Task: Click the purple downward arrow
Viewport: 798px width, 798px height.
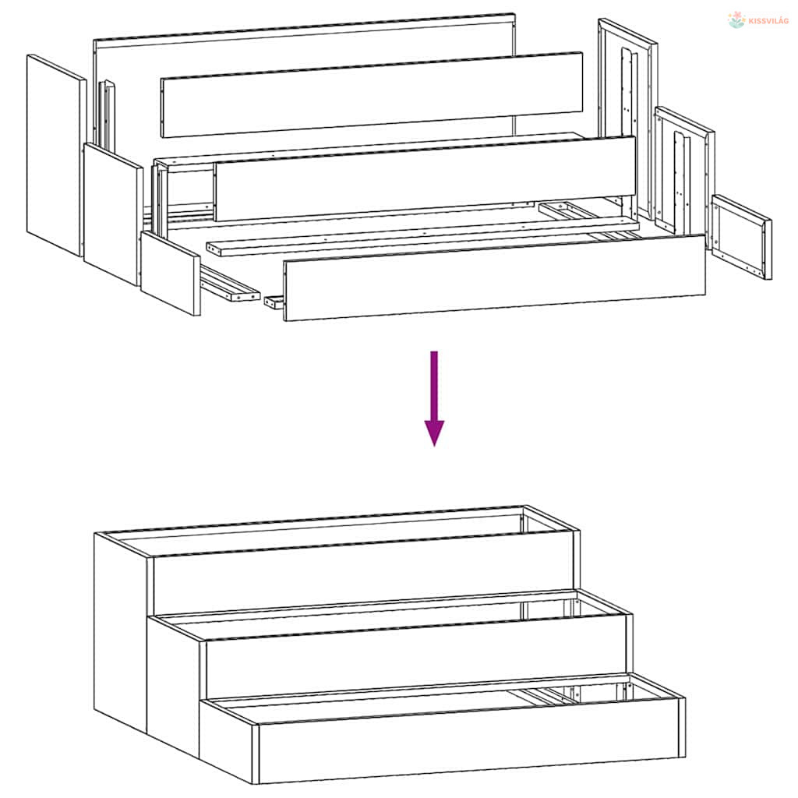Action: tap(434, 397)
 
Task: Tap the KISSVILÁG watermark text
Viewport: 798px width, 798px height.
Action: tap(768, 21)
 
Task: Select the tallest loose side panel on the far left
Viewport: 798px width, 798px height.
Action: tap(56, 155)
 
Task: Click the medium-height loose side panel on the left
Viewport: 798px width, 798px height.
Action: tap(113, 214)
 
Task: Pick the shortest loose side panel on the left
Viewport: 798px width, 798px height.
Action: tap(171, 274)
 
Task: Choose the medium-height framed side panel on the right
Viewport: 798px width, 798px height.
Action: tap(684, 171)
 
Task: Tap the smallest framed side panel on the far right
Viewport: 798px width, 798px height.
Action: tap(742, 237)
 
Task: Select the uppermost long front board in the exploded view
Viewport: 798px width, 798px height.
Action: tap(372, 94)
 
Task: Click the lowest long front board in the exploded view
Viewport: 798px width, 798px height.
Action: tap(494, 278)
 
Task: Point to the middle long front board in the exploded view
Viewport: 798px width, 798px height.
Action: tap(425, 178)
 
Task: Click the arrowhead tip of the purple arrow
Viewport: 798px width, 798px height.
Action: tap(434, 447)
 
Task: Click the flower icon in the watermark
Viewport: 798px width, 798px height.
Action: tap(736, 19)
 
